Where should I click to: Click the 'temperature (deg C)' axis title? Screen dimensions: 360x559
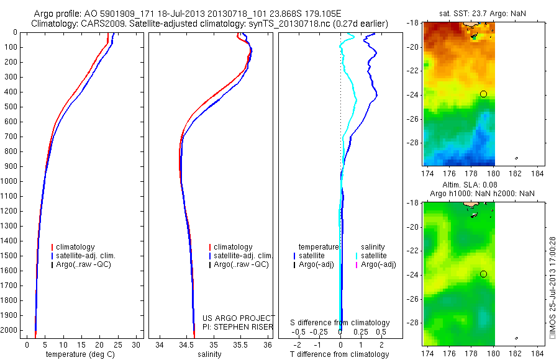click(x=82, y=354)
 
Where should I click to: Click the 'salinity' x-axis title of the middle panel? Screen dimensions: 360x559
click(x=210, y=354)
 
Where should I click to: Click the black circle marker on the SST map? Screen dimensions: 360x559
click(x=483, y=94)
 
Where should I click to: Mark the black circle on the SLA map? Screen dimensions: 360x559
click(x=483, y=274)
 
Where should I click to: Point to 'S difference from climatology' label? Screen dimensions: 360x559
click(x=340, y=323)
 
